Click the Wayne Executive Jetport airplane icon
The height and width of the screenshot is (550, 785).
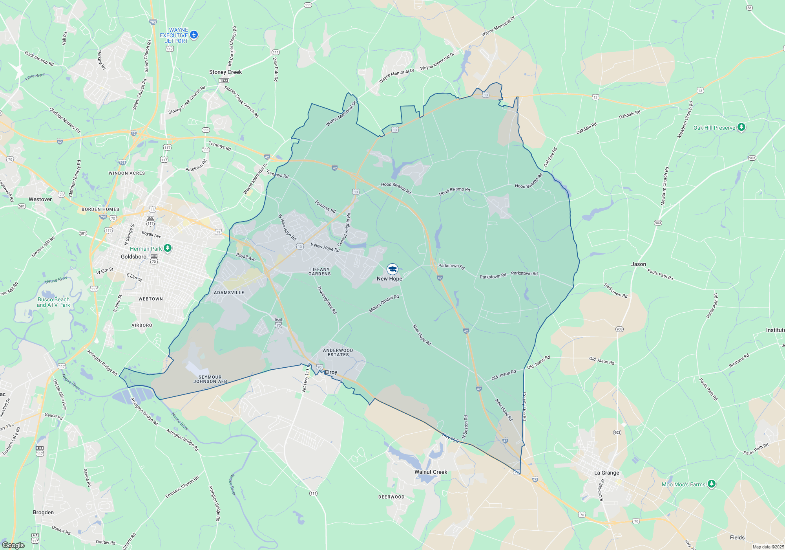tap(194, 35)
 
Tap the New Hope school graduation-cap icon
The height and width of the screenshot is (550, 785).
tap(392, 269)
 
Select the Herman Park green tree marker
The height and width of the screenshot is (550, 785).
tap(168, 248)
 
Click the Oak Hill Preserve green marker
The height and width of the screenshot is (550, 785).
tap(741, 127)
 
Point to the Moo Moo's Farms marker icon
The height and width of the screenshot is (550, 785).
tap(711, 484)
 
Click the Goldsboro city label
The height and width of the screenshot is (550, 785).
tap(133, 257)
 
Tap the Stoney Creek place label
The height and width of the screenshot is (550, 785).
tap(225, 72)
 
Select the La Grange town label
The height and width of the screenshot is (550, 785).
tap(606, 473)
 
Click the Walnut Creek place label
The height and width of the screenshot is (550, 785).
tap(431, 472)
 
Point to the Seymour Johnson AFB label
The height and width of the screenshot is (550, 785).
tap(210, 379)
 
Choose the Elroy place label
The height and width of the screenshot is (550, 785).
tap(331, 372)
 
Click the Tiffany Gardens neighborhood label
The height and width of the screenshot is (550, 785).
tap(319, 271)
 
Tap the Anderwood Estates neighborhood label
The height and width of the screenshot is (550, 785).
tap(338, 352)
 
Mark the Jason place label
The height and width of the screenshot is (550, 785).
tap(638, 264)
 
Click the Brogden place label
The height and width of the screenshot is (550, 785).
tap(43, 512)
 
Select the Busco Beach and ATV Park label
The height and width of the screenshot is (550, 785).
tap(53, 302)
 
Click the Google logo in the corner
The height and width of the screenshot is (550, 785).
tap(13, 545)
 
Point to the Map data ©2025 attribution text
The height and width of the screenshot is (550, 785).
tap(768, 547)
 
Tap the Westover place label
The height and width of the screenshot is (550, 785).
tap(40, 199)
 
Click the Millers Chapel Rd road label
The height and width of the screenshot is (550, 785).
tap(383, 304)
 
